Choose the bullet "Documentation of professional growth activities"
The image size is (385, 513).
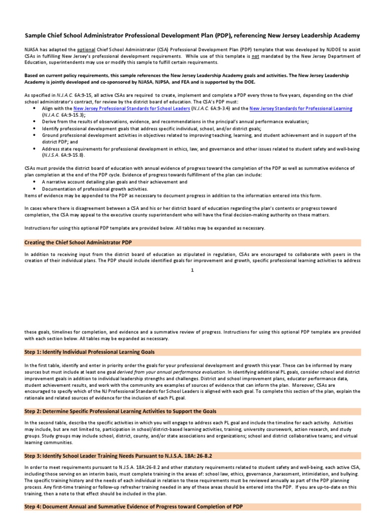[x=95, y=189]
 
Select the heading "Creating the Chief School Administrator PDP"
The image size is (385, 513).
[x=78, y=242]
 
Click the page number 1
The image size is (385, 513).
[x=192, y=271]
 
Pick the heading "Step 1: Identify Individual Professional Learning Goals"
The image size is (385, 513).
[x=89, y=353]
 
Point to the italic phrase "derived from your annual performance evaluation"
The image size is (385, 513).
[x=170, y=373]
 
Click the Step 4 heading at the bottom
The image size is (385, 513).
[x=133, y=507]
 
